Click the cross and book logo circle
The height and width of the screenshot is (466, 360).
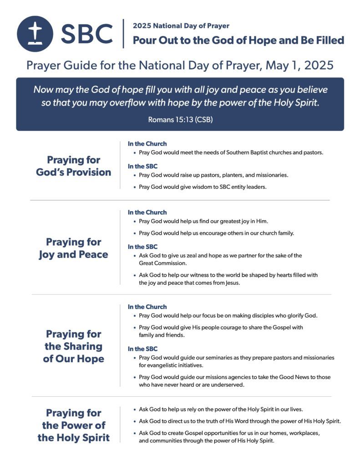pos(35,34)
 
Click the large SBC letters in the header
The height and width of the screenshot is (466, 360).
pos(86,34)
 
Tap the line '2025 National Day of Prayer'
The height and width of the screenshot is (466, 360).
pos(181,26)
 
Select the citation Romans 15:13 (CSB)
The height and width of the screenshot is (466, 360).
pos(180,120)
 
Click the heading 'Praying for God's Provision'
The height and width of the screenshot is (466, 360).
pos(73,166)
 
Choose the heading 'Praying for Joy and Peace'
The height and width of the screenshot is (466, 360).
pos(73,248)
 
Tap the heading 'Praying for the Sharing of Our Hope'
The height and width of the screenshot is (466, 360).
pos(73,346)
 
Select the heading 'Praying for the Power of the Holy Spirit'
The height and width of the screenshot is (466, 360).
pos(73,425)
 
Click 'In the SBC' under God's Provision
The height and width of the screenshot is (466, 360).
pos(142,166)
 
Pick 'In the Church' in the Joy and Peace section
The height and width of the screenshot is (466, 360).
pos(147,213)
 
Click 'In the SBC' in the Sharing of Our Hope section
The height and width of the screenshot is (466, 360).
pos(142,349)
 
